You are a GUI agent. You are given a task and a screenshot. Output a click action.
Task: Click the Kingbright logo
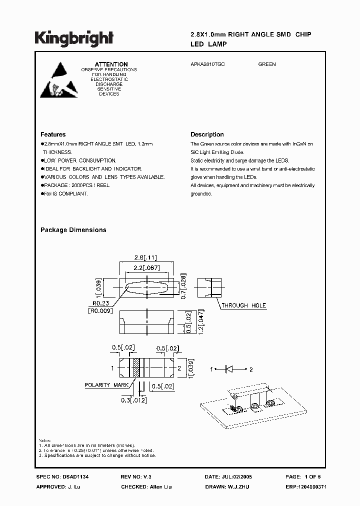point(73,37)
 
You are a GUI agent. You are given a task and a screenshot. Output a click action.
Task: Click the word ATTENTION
point(111,64)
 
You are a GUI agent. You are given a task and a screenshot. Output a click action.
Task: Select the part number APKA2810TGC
point(207,64)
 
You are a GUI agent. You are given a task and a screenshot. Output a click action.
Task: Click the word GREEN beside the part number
point(267,64)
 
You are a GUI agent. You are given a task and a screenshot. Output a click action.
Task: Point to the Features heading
point(53,134)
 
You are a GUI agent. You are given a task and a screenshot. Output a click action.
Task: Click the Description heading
point(207,134)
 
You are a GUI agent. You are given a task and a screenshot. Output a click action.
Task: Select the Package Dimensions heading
point(73,230)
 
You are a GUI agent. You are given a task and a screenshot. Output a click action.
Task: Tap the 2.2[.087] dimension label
point(146,269)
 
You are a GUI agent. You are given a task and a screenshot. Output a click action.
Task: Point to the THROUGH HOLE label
point(244,305)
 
